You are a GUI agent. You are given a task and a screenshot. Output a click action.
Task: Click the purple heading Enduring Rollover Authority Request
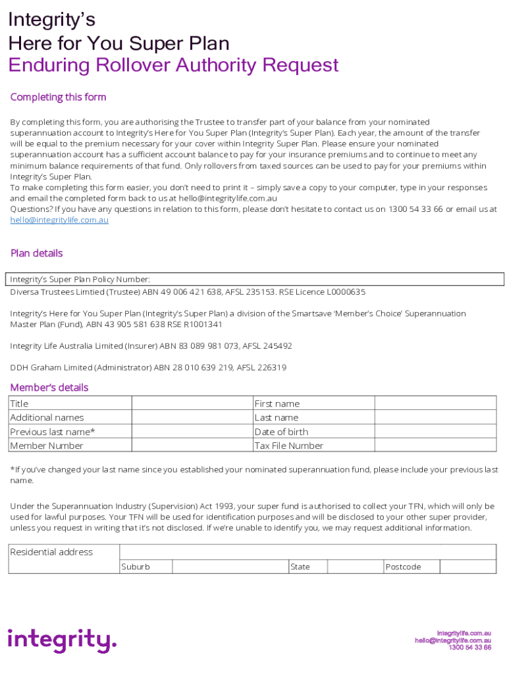coord(173,65)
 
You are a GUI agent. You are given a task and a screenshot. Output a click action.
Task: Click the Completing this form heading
coord(58,97)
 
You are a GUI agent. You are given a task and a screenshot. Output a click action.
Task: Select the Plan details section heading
coord(37,253)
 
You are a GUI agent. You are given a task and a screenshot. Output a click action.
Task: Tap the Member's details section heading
coord(49,388)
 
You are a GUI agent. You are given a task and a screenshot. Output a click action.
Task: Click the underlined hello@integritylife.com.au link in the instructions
coord(59,220)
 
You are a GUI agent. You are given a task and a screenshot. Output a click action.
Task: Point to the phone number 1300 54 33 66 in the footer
coord(469,648)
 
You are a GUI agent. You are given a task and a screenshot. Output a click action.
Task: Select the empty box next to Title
coord(192,403)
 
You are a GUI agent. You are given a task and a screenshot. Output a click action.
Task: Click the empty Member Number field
coord(192,446)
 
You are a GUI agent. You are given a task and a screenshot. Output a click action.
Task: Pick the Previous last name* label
coord(53,432)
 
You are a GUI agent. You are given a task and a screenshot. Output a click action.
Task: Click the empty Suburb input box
coord(230,567)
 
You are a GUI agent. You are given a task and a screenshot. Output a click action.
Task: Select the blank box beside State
coord(356,567)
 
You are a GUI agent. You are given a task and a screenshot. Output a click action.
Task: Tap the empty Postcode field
coord(467,567)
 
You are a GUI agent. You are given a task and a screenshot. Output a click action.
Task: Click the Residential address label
coord(51,552)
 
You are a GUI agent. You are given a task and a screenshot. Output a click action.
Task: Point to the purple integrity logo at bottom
coord(62,640)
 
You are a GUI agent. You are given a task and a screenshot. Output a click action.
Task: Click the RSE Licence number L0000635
coord(340,292)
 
